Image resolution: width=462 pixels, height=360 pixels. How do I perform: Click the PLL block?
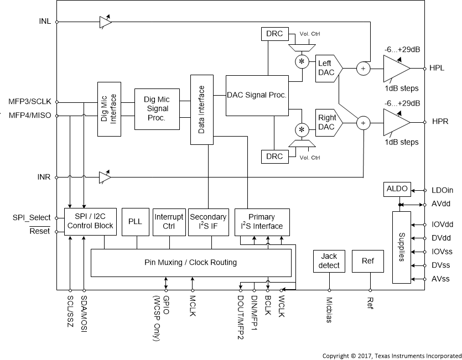point(135,222)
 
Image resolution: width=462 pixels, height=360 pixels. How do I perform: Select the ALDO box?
point(397,190)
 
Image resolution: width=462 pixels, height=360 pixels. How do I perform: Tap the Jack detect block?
point(329,262)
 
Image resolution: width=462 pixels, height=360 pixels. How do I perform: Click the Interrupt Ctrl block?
point(169,222)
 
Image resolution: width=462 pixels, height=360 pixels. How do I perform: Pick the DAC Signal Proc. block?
point(256,95)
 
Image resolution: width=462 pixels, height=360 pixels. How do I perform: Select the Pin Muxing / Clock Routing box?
point(191,263)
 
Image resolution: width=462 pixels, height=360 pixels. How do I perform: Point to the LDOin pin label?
point(443,190)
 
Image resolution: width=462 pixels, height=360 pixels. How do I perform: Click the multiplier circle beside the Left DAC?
point(302,61)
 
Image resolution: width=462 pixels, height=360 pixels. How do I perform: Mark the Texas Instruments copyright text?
point(392,356)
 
